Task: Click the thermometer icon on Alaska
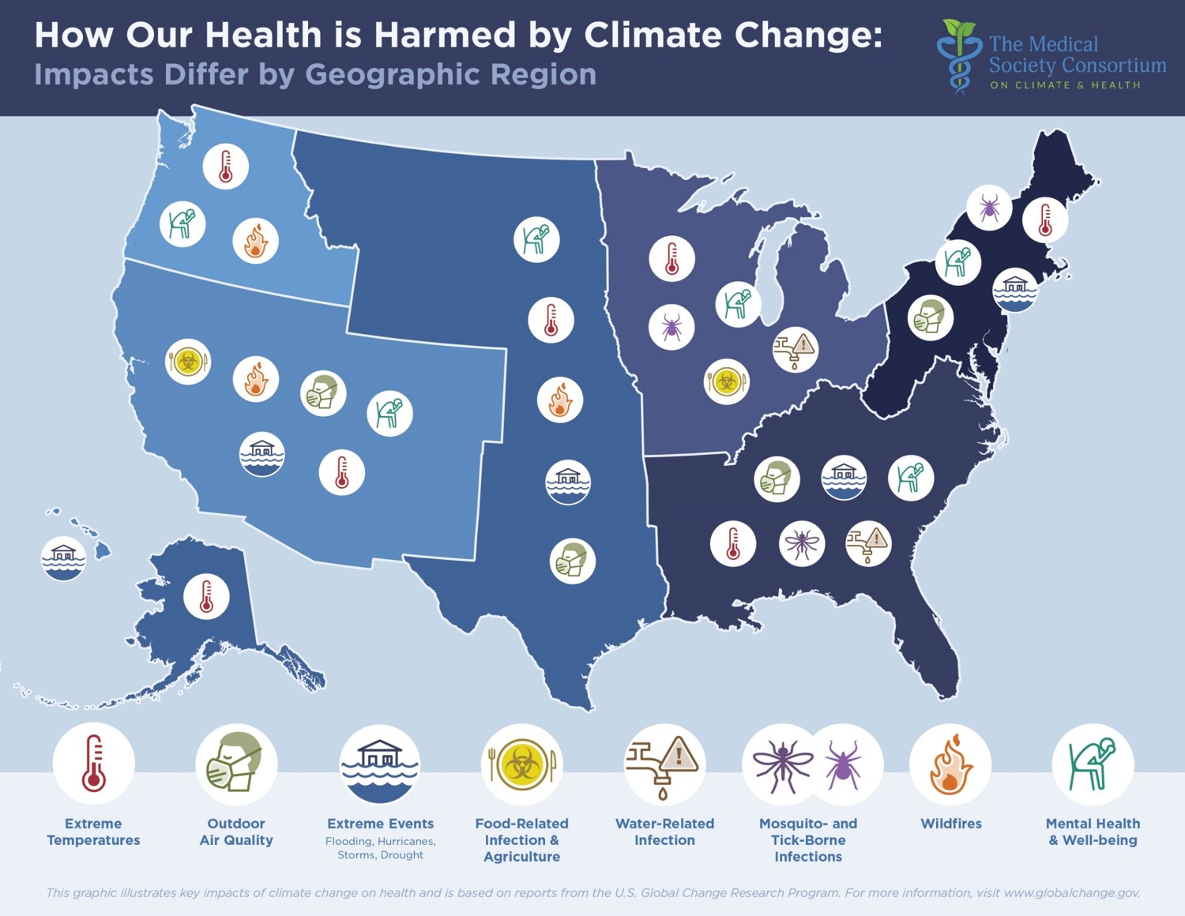pyautogui.click(x=206, y=596)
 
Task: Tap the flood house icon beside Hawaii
pyautogui.click(x=63, y=558)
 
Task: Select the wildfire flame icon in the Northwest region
pyautogui.click(x=255, y=241)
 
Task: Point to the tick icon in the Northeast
pyautogui.click(x=989, y=208)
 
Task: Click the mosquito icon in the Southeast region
pyautogui.click(x=801, y=543)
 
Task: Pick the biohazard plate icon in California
pyautogui.click(x=188, y=362)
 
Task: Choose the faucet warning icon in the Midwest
pyautogui.click(x=795, y=349)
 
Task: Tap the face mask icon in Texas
pyautogui.click(x=572, y=561)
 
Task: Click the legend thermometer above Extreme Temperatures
pyautogui.click(x=93, y=764)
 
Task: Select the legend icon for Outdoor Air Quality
pyautogui.click(x=235, y=764)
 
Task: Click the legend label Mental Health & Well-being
pyautogui.click(x=1093, y=832)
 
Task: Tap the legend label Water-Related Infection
pyautogui.click(x=664, y=832)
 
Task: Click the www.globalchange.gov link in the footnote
pyautogui.click(x=1071, y=892)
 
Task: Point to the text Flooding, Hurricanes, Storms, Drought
pyautogui.click(x=380, y=848)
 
